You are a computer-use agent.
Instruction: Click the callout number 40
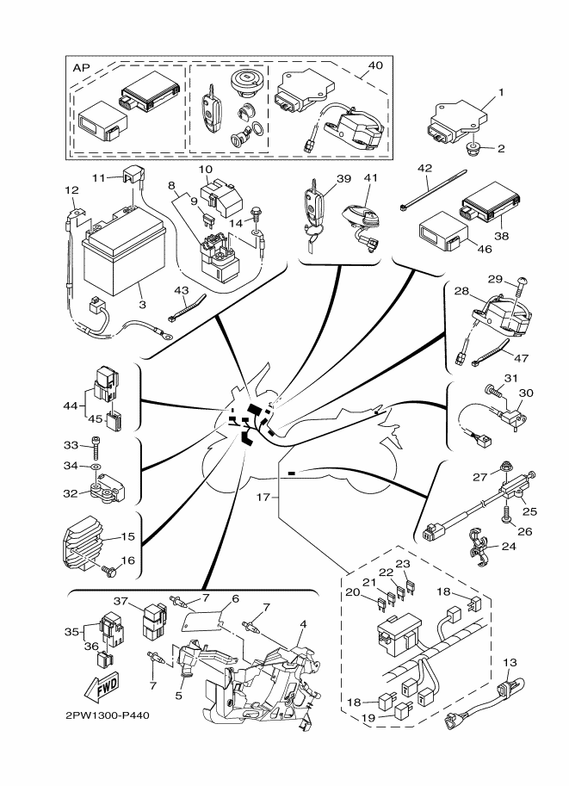coord(374,65)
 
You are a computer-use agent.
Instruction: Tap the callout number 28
coord(461,291)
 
